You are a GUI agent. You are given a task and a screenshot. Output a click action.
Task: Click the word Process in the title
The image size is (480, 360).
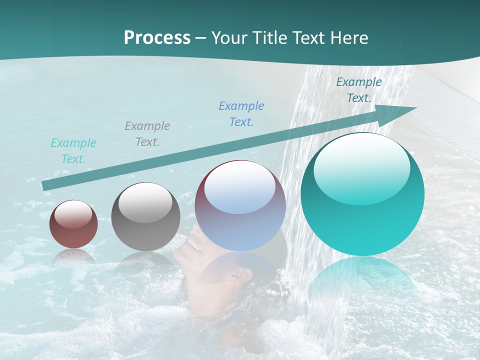tap(157, 38)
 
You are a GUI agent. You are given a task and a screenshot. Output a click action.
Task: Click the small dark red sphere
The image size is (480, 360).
tap(73, 224)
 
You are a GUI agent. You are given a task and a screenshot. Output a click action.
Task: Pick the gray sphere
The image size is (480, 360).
tap(145, 217)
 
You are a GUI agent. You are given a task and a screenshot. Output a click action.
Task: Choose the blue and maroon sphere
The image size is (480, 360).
tap(240, 205)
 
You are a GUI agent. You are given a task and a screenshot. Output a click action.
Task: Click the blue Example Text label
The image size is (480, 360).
tap(241, 114)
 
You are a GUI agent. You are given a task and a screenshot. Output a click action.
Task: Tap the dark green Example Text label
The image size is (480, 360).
tap(359, 90)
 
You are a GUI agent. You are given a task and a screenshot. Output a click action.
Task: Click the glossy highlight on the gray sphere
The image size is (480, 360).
tap(145, 203)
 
